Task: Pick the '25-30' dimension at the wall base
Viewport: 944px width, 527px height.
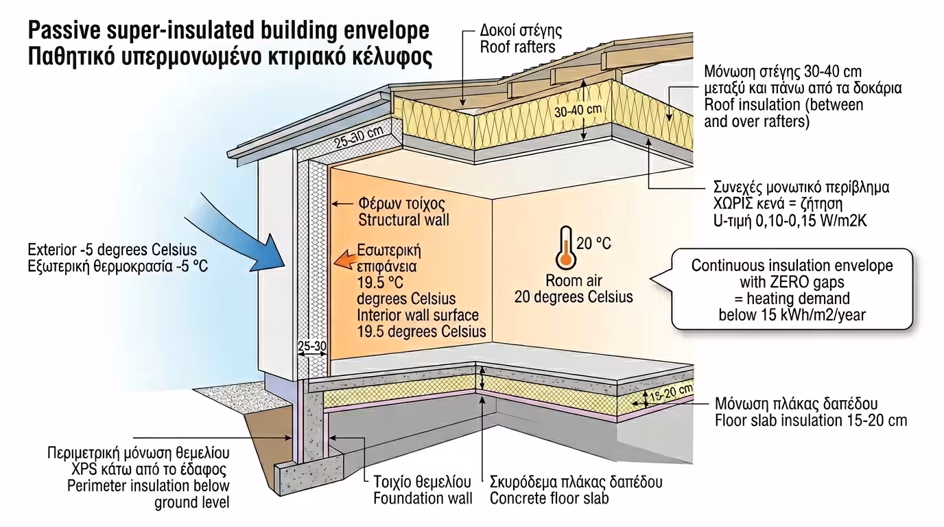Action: point(312,347)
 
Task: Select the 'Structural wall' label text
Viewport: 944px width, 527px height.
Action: point(404,220)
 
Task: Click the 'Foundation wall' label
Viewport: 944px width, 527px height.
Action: point(423,498)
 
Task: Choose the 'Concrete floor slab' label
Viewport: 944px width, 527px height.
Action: point(549,498)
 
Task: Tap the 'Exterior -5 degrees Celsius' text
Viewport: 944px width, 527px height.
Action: point(113,248)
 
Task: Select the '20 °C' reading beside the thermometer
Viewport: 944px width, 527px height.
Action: point(593,243)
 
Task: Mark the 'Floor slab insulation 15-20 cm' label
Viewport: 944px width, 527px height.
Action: point(811,420)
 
